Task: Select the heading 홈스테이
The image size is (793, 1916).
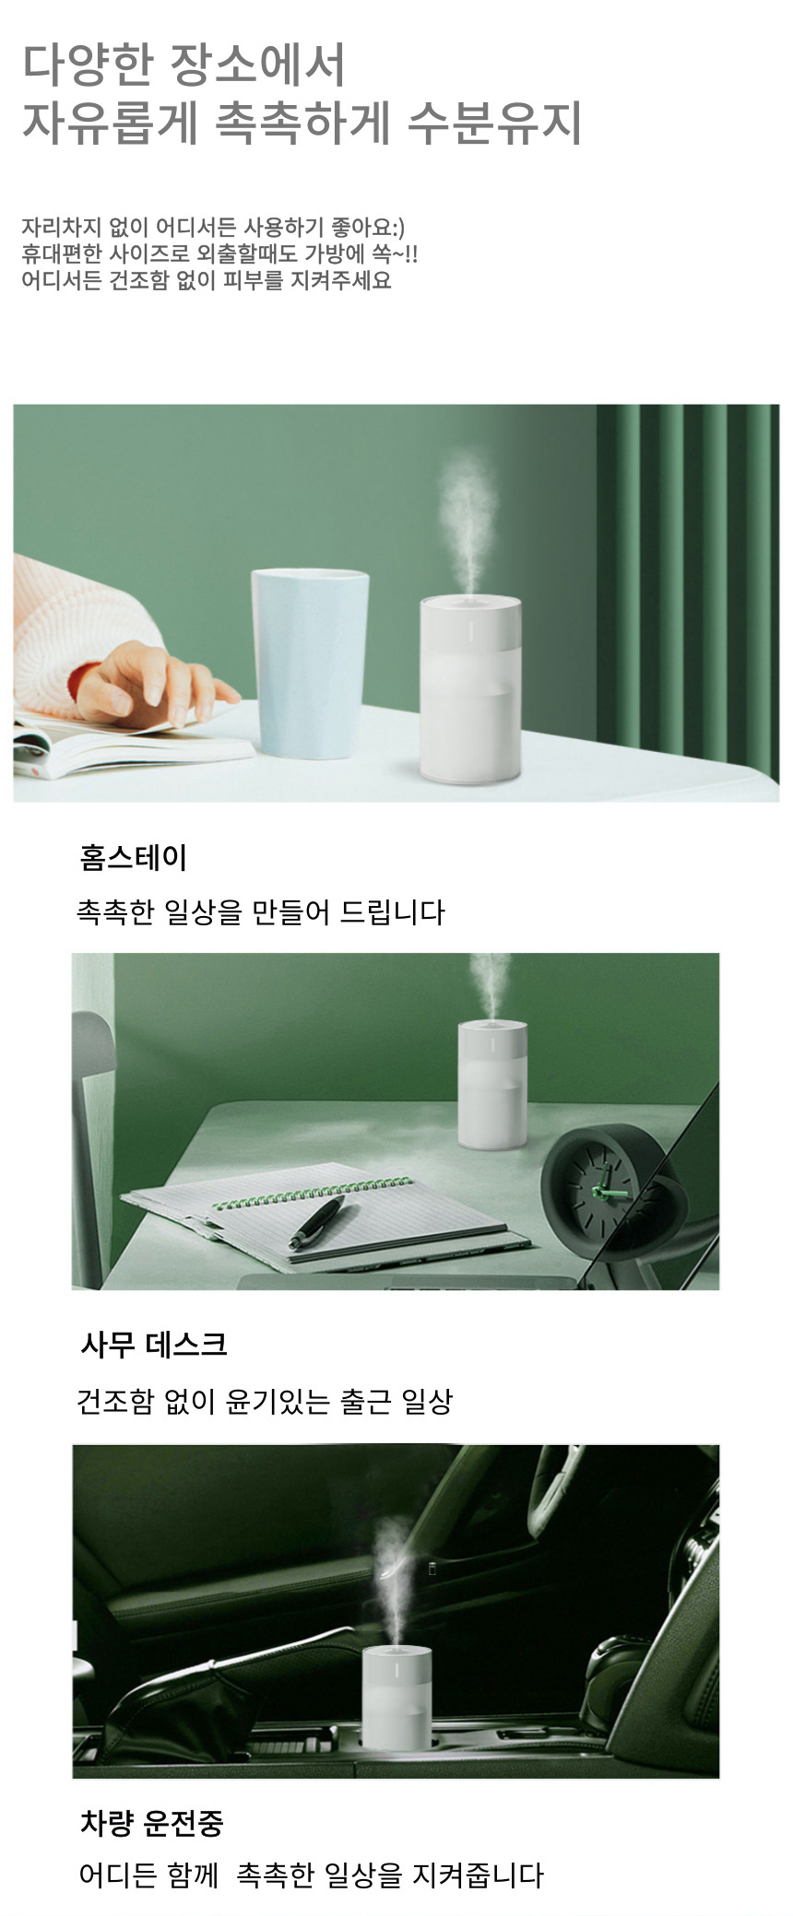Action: (134, 857)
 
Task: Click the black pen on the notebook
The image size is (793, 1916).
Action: (317, 1222)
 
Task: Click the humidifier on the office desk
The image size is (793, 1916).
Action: (493, 1085)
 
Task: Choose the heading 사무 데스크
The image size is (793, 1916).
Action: (153, 1345)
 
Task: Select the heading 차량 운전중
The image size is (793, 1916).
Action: (152, 1822)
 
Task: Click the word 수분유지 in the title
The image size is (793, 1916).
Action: (494, 122)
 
